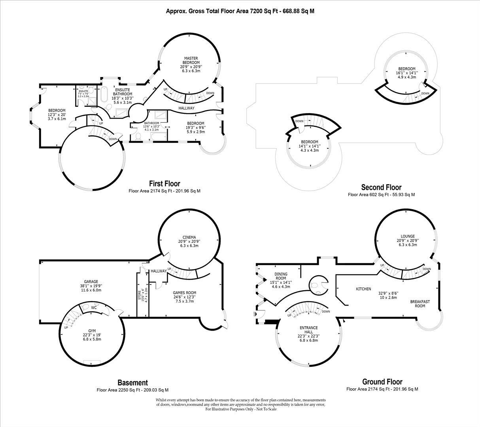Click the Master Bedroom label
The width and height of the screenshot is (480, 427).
point(191,60)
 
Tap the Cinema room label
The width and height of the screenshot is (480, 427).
point(189,237)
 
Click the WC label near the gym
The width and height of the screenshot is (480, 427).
point(94,307)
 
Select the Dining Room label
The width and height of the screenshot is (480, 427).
point(281,276)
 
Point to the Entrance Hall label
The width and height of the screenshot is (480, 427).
point(308,330)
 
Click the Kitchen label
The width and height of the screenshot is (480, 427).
point(363,289)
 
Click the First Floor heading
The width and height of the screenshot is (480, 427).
point(164,184)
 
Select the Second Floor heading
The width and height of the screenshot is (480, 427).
point(381,187)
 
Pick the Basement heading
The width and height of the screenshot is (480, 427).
point(132,383)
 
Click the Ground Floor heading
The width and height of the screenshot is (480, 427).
point(382,382)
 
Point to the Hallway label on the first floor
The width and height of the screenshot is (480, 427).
point(186,108)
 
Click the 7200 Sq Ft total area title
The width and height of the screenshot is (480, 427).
point(240,11)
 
